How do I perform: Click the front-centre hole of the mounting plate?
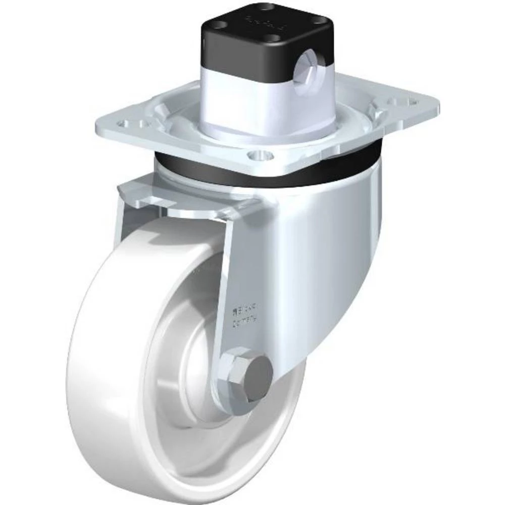[260, 155]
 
